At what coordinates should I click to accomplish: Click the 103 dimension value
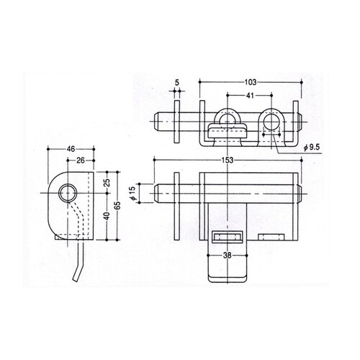pyautogui.click(x=251, y=82)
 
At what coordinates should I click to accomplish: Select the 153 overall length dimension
pyautogui.click(x=228, y=160)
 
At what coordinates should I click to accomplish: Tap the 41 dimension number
pyautogui.click(x=250, y=96)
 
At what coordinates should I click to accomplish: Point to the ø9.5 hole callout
pyautogui.click(x=312, y=148)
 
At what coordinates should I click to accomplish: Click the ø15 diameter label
pyautogui.click(x=133, y=193)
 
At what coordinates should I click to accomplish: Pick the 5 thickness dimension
pyautogui.click(x=177, y=83)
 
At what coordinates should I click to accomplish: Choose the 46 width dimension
pyautogui.click(x=71, y=149)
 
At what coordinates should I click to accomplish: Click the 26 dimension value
pyautogui.click(x=81, y=161)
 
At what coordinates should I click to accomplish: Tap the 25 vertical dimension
pyautogui.click(x=107, y=183)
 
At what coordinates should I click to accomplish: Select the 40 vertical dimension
pyautogui.click(x=107, y=216)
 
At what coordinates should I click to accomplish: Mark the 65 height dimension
pyautogui.click(x=117, y=206)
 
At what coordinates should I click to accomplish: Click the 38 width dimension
pyautogui.click(x=227, y=256)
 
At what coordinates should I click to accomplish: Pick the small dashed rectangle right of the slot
pyautogui.click(x=271, y=237)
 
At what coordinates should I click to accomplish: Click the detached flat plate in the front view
pyautogui.click(x=176, y=207)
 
